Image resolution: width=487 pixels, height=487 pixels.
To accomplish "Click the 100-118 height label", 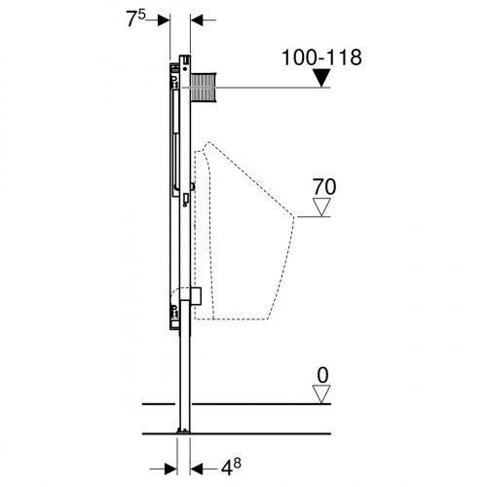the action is (x=321, y=57).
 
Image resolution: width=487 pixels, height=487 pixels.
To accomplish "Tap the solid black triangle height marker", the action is (x=321, y=78).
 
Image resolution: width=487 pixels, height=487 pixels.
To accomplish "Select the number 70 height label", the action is (x=324, y=187).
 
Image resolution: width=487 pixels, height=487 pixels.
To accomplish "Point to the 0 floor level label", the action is (x=322, y=376).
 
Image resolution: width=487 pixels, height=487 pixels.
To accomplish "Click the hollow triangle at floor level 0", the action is (x=321, y=394).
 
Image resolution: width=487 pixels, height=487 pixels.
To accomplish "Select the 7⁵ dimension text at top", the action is (x=135, y=19).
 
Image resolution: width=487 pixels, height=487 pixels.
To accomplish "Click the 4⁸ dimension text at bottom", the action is (x=231, y=468).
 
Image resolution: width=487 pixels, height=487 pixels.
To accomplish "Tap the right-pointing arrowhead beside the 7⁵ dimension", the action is (x=164, y=20).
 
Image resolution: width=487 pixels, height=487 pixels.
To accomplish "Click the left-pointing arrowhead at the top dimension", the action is (x=197, y=20).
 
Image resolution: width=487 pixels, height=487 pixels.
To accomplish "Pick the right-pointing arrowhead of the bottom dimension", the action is (x=170, y=468).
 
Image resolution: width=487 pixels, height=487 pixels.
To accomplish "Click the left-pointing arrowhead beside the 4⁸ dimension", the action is (x=197, y=468).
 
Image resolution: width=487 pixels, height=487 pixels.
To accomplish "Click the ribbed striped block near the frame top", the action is (x=204, y=88).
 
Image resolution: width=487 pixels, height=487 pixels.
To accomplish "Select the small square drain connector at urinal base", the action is (x=196, y=296).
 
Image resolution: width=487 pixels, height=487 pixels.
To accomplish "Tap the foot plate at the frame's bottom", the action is (x=184, y=431).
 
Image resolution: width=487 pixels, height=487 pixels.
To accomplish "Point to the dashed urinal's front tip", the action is (x=294, y=216).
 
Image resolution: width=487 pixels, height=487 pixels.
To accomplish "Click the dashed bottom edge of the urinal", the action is (x=231, y=318).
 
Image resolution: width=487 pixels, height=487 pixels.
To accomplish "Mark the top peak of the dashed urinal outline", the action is (x=208, y=142).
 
